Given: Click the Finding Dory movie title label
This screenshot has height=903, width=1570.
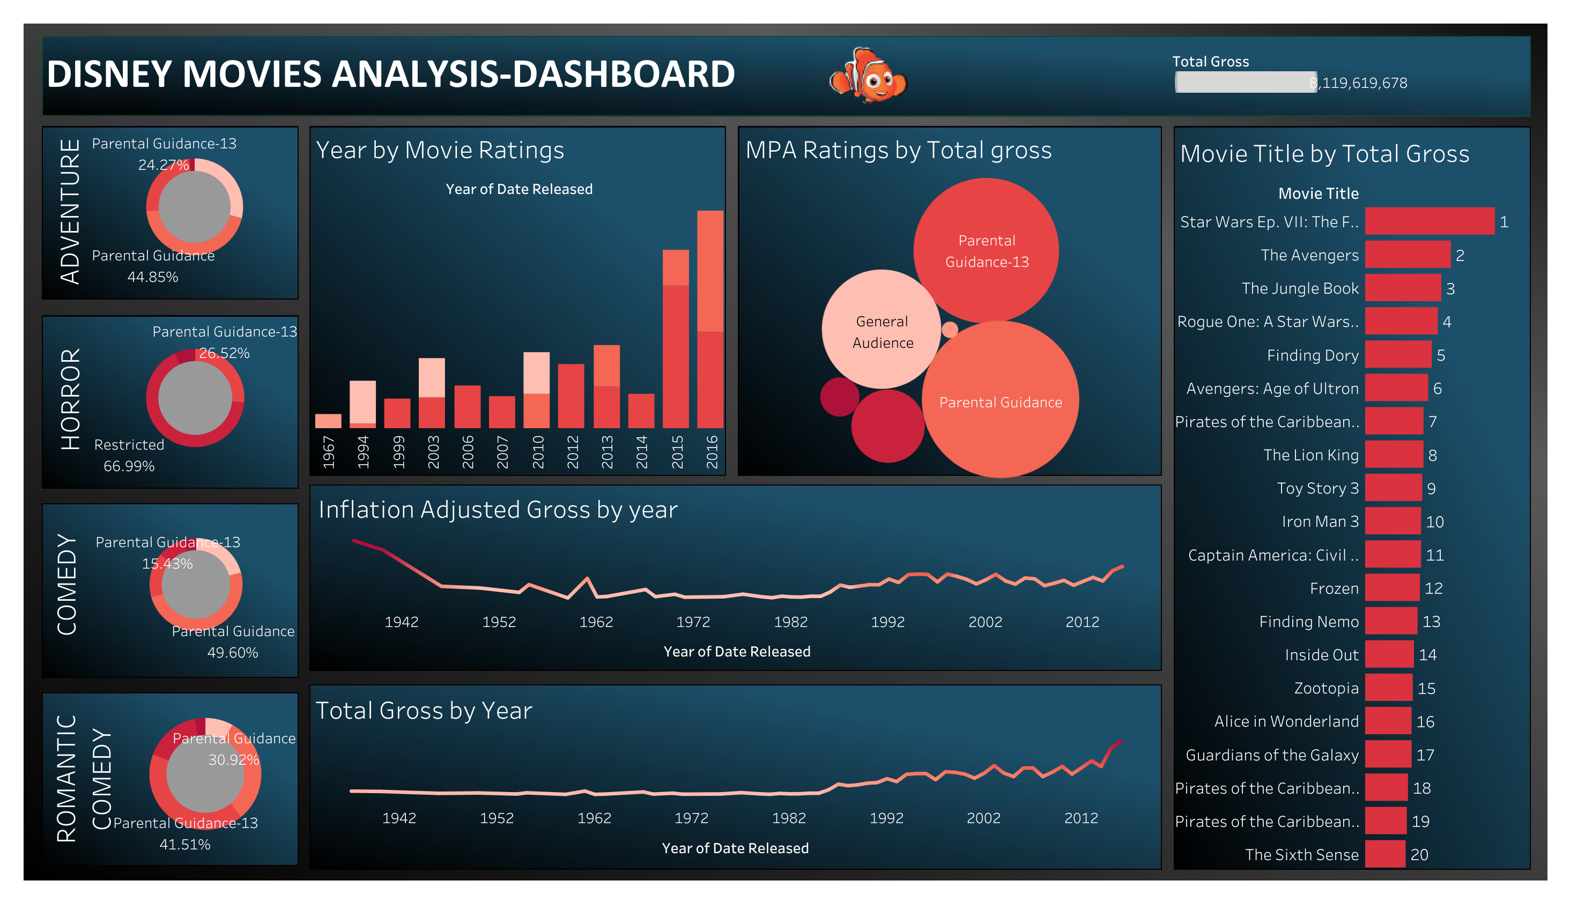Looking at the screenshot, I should pos(1312,355).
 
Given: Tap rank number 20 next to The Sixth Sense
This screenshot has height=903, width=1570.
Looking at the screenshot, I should pos(1419,855).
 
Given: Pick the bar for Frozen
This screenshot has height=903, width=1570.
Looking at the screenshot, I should pos(1391,588).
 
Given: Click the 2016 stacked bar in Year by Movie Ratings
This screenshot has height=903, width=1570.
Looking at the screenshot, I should pos(710,319).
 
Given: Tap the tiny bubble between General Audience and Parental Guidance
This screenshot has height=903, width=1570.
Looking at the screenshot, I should pos(950,330).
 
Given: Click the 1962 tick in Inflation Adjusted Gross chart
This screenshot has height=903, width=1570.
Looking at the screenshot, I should pos(596,622).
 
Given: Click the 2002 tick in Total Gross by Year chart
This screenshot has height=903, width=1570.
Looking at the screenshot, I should pos(983,818).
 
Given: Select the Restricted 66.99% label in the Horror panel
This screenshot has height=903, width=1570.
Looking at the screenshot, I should pos(129,455).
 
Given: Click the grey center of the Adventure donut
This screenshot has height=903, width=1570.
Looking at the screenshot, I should pos(195,206).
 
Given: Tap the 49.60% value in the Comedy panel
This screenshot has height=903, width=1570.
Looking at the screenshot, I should pos(233,652).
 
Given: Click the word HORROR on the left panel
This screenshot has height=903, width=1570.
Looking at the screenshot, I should pos(70,399).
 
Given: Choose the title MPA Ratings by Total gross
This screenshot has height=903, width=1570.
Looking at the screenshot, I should pos(898,150).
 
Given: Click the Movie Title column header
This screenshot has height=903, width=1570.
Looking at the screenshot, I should pos(1317,193).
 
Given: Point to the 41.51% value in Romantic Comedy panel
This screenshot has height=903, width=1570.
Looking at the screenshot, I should pos(185,844).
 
